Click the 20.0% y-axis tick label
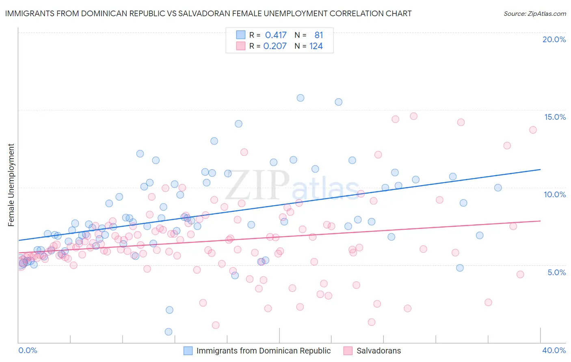[554, 39]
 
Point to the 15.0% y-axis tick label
[555, 117]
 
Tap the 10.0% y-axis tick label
[555, 194]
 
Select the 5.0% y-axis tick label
[556, 272]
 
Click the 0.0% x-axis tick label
[28, 350]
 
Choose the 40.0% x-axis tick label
[554, 350]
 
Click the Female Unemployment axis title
[11, 185]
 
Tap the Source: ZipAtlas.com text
[534, 14]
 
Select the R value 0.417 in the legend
[276, 35]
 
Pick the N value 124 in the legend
[316, 46]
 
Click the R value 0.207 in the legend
[275, 46]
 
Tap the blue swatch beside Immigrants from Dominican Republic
[188, 351]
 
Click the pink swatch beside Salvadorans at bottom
[348, 351]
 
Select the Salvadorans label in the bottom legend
[379, 351]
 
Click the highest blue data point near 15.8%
[301, 98]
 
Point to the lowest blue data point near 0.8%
[169, 332]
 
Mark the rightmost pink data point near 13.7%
[533, 130]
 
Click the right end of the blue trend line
[540, 169]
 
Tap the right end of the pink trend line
[540, 221]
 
